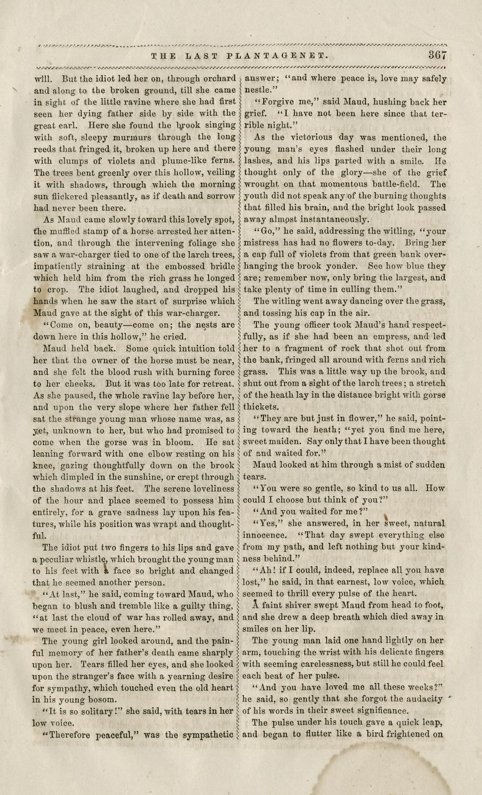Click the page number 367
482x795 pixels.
coord(438,55)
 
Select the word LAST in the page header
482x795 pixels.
coord(204,56)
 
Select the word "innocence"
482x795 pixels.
coord(268,535)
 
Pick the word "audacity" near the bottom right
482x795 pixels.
coord(423,699)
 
